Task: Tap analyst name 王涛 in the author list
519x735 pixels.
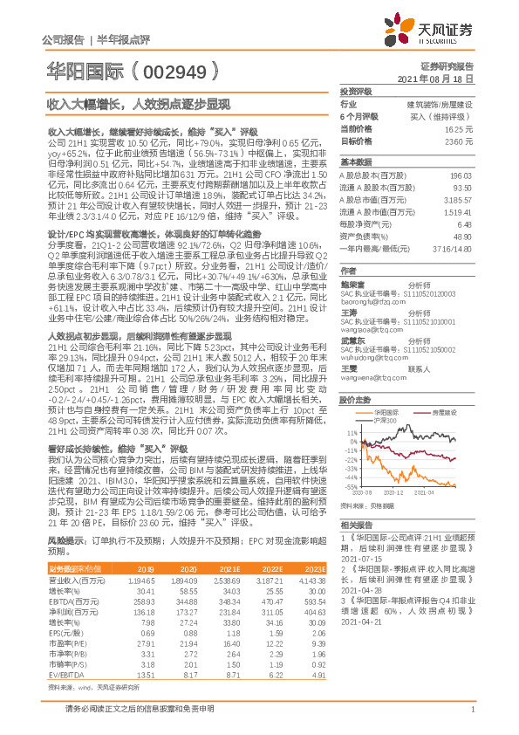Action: point(349,312)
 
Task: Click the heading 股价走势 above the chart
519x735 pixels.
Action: point(353,399)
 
